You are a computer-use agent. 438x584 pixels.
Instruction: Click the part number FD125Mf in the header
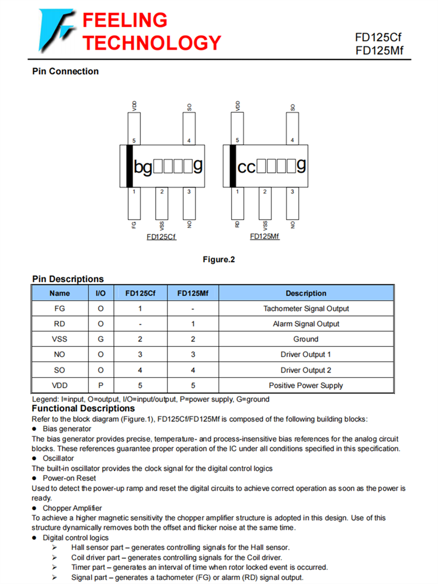coord(379,51)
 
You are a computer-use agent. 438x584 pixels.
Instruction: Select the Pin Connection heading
coord(65,71)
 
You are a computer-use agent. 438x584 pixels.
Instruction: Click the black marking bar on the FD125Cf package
coord(128,166)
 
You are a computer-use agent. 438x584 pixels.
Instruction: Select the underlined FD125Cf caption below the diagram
coord(162,237)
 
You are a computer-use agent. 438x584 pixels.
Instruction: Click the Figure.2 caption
coord(218,259)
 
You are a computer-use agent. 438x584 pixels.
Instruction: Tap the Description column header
coord(306,293)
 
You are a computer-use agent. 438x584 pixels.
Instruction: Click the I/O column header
coord(100,293)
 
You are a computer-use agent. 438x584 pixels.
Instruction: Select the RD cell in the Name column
coord(60,324)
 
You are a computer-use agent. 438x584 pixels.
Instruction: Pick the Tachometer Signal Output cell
coord(306,308)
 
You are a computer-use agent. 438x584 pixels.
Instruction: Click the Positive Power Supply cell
coord(306,385)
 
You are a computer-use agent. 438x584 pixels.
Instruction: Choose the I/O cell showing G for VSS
coord(100,339)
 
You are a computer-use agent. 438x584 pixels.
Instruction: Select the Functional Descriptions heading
coord(83,408)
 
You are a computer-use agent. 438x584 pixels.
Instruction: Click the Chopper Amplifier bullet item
coord(72,508)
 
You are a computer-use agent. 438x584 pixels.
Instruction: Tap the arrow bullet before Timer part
coord(54,567)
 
